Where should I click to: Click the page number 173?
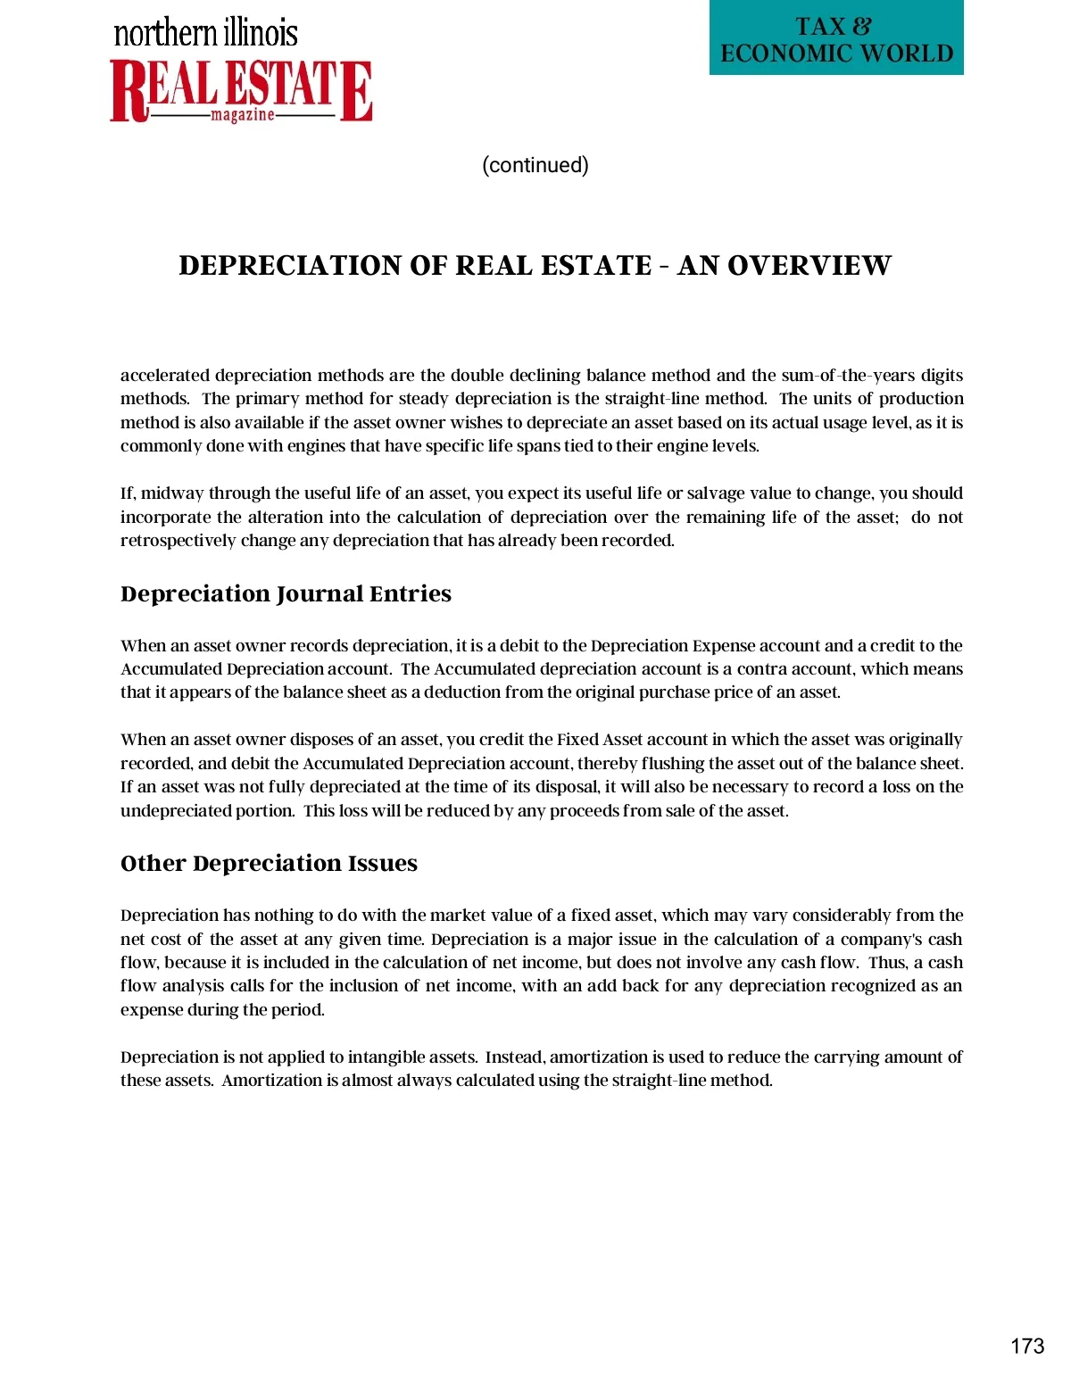pyautogui.click(x=1027, y=1347)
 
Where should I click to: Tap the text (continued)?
pyautogui.click(x=535, y=165)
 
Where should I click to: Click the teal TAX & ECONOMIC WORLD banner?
pyautogui.click(x=836, y=39)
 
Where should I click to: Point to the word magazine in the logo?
pyautogui.click(x=243, y=115)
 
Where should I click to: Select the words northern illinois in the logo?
pyautogui.click(x=206, y=33)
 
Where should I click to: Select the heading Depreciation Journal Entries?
pyautogui.click(x=286, y=594)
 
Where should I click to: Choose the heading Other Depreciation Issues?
pyautogui.click(x=269, y=864)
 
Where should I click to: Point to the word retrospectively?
pyautogui.click(x=178, y=541)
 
